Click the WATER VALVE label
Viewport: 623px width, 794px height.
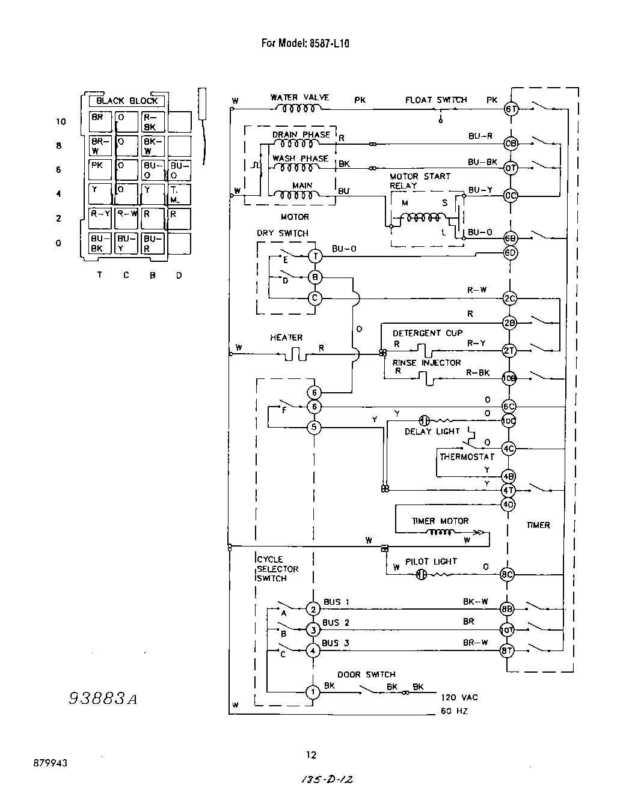(299, 98)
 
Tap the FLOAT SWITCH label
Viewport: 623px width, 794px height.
(435, 100)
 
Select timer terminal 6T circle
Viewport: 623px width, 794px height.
(511, 109)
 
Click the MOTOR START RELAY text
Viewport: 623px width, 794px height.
(420, 181)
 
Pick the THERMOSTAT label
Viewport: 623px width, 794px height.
(467, 457)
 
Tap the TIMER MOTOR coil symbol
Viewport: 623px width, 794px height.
(440, 533)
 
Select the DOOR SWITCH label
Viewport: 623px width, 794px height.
(366, 674)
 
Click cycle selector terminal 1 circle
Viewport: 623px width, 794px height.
(313, 692)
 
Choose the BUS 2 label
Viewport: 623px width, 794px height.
(336, 623)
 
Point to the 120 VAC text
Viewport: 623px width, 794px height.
(459, 697)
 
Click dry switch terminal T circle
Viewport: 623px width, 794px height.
(315, 256)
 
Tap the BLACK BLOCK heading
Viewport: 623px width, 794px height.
(127, 101)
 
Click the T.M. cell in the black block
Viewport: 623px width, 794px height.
(179, 194)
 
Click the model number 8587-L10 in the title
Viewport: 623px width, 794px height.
(329, 43)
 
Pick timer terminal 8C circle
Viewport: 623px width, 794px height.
(508, 575)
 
